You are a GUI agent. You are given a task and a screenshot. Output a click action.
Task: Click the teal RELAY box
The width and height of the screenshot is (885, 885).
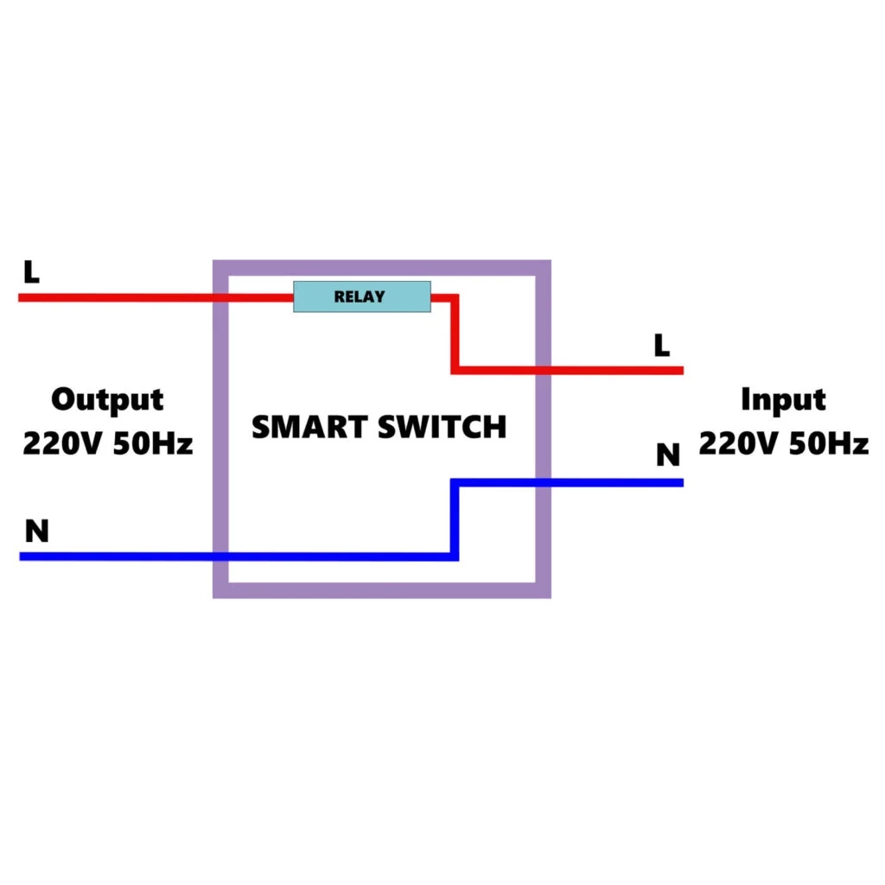click(361, 296)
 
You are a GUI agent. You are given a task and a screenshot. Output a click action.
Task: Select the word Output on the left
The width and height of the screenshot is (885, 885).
click(107, 400)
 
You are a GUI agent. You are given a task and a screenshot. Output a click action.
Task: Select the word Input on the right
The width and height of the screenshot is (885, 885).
click(783, 400)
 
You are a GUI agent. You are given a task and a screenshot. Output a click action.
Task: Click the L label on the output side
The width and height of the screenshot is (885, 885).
click(31, 272)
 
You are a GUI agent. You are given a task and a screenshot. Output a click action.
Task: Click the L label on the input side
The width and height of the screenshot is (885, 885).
click(661, 346)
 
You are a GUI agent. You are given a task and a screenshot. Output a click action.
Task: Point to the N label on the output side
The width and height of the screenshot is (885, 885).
click(36, 532)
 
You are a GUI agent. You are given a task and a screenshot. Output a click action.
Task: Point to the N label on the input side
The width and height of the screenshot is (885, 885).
click(667, 455)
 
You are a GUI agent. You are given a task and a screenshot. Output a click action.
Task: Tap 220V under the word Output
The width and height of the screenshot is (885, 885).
click(60, 444)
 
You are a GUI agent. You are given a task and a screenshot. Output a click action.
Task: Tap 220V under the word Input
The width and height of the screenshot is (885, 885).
click(736, 444)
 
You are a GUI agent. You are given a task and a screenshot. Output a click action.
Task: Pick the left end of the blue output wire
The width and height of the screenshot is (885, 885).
click(22, 557)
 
